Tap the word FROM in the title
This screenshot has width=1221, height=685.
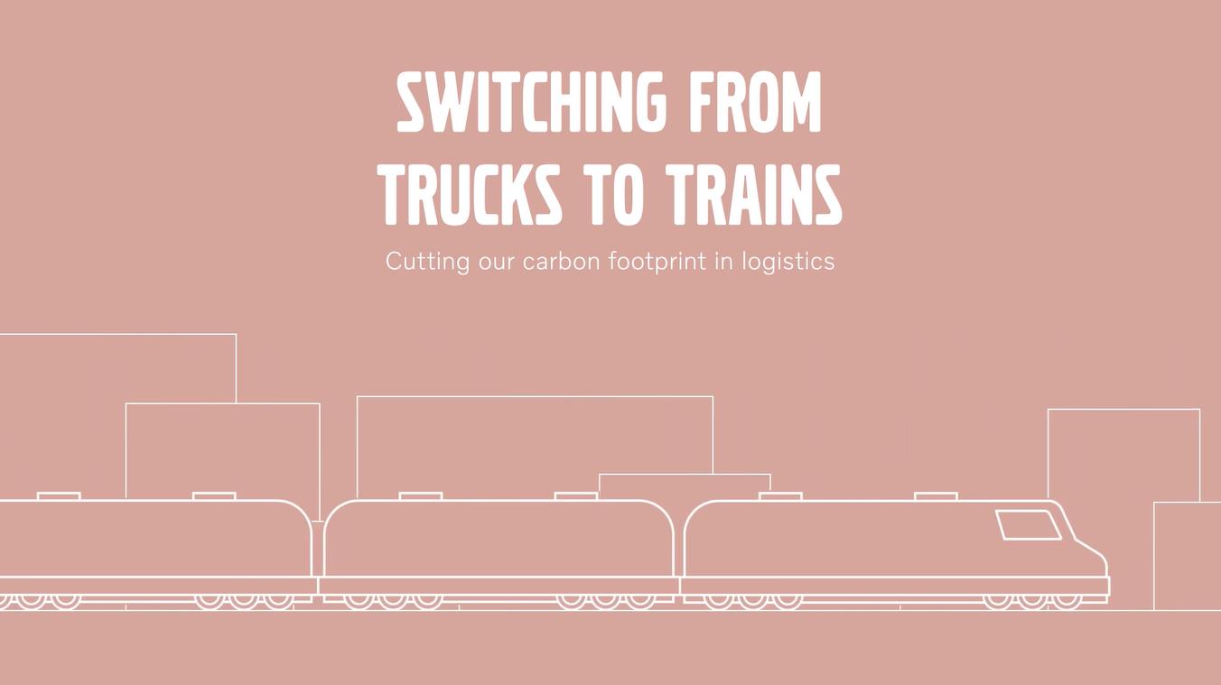(x=755, y=102)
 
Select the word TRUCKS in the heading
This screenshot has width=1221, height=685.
(x=471, y=194)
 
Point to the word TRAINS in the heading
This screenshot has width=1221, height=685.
(x=755, y=194)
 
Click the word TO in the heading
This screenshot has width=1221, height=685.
(x=615, y=194)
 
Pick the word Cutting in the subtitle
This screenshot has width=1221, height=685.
(x=427, y=262)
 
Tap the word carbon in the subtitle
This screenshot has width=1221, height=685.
(x=562, y=261)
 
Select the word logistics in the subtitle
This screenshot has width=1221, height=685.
(x=788, y=262)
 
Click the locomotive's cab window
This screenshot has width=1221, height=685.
(x=1029, y=525)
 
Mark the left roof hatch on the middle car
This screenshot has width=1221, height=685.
(x=421, y=496)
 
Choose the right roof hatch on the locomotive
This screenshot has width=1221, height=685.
(x=936, y=496)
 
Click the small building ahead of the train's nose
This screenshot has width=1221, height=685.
(x=1188, y=556)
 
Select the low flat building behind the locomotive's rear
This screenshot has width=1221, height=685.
(x=685, y=486)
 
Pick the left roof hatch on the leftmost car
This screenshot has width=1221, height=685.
(x=59, y=496)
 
